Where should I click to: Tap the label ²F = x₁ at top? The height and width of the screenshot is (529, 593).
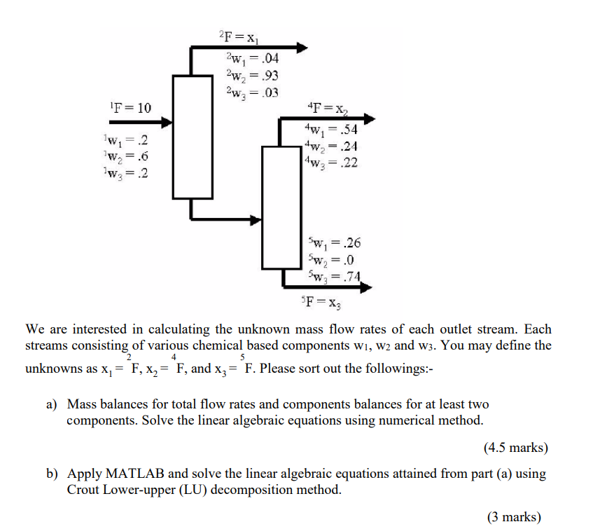click(x=238, y=34)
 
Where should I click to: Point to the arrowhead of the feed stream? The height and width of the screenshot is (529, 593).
click(x=167, y=123)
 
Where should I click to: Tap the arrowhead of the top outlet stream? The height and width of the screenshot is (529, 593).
click(x=302, y=48)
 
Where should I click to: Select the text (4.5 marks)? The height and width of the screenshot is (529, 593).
click(x=515, y=447)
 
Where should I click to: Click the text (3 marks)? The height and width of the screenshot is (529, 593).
click(x=515, y=517)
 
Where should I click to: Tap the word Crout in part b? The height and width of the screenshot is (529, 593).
click(x=84, y=490)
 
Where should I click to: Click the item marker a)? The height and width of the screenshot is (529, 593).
click(x=53, y=404)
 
